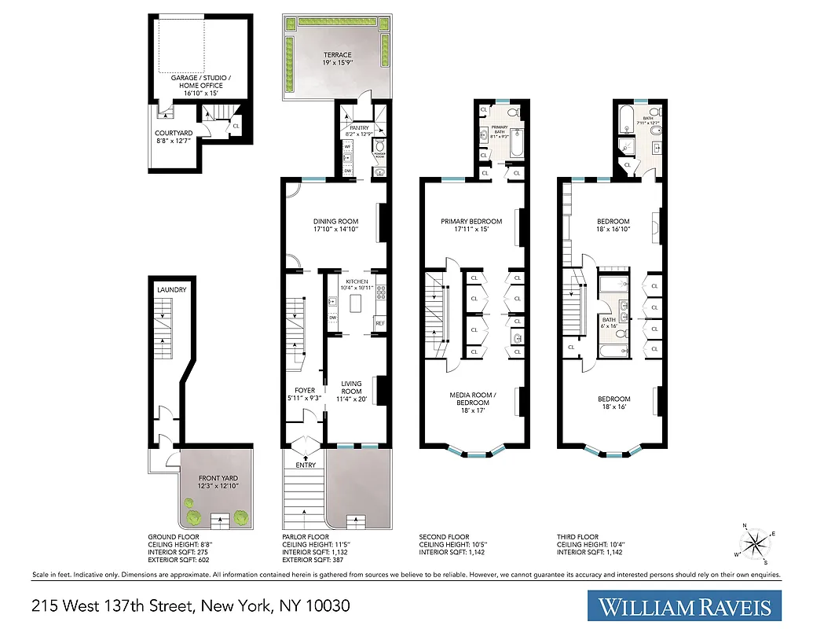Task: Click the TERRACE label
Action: (x=338, y=55)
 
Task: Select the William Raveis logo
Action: (x=687, y=607)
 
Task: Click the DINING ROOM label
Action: (x=335, y=222)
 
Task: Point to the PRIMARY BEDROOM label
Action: (x=471, y=222)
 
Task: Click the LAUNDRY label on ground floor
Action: (x=171, y=290)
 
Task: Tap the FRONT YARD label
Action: (x=218, y=478)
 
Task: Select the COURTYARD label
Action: (x=174, y=134)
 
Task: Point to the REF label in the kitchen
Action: (x=380, y=323)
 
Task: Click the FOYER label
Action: (x=305, y=391)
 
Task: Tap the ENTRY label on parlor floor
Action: (x=306, y=465)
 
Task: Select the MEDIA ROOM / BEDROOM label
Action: (x=471, y=399)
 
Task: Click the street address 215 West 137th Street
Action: (x=190, y=606)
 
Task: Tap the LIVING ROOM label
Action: (x=351, y=388)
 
